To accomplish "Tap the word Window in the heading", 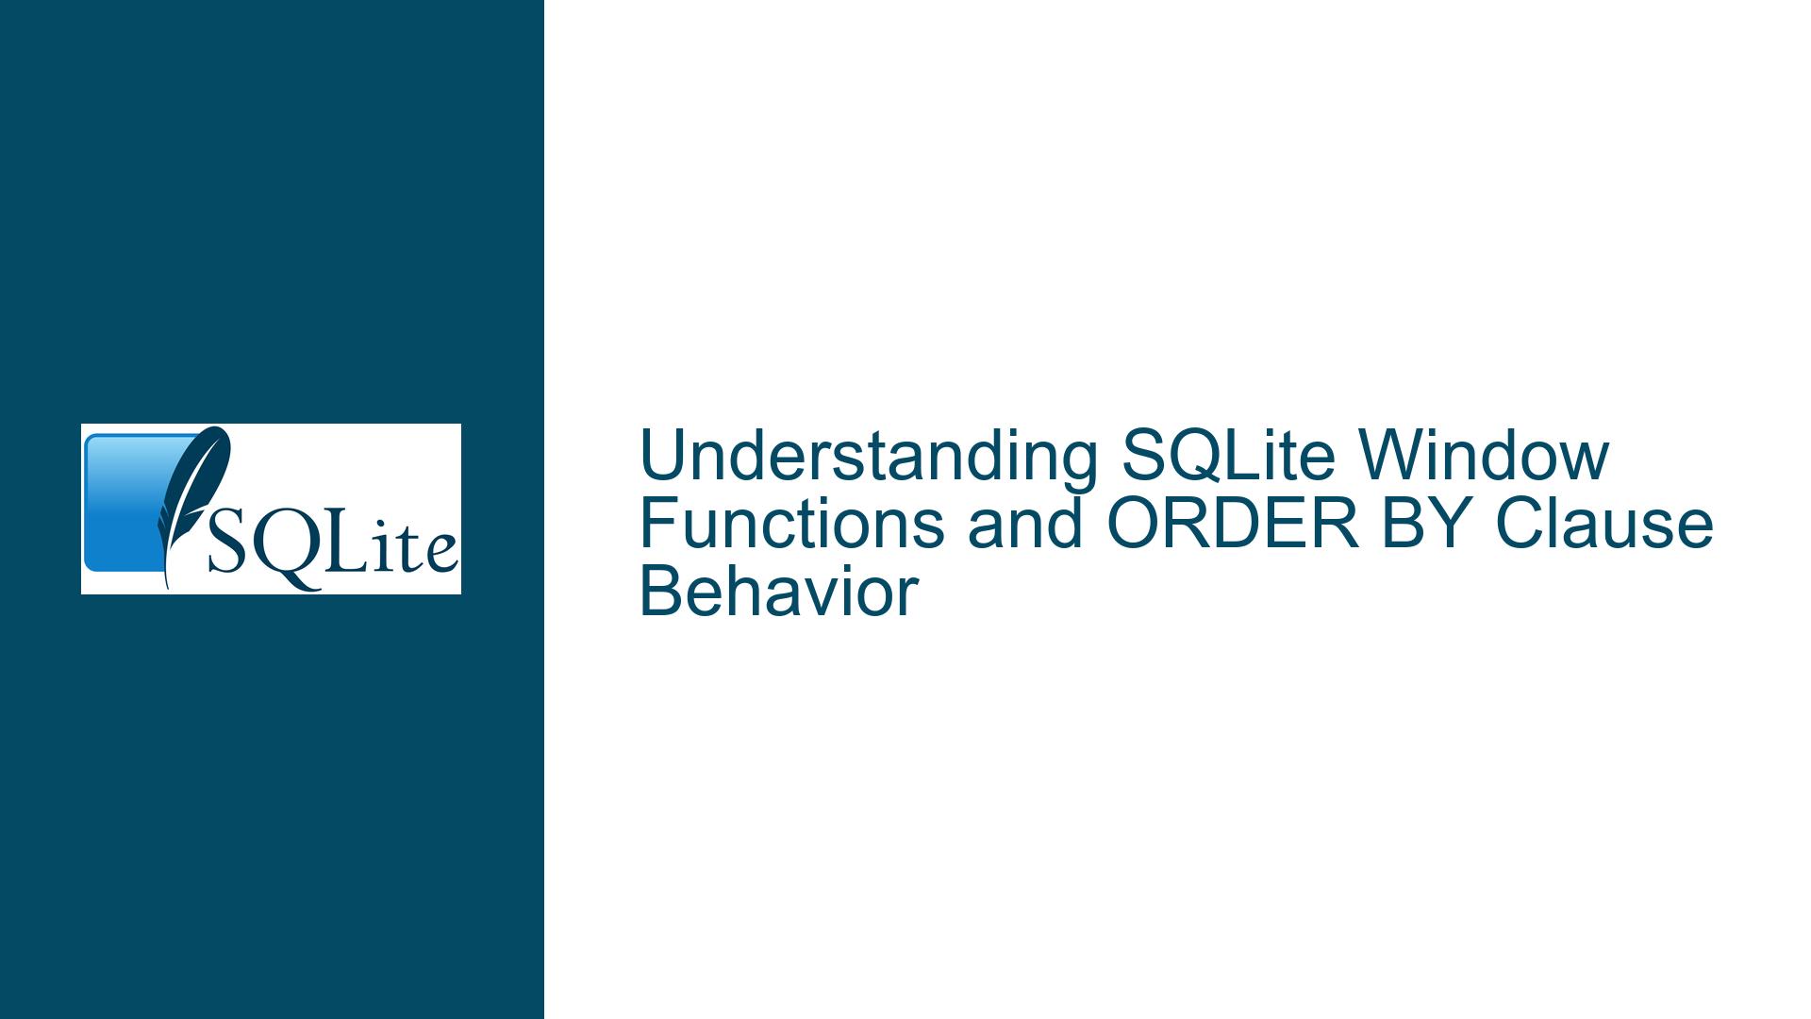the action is coord(1482,456).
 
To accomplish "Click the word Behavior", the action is coord(779,592).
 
